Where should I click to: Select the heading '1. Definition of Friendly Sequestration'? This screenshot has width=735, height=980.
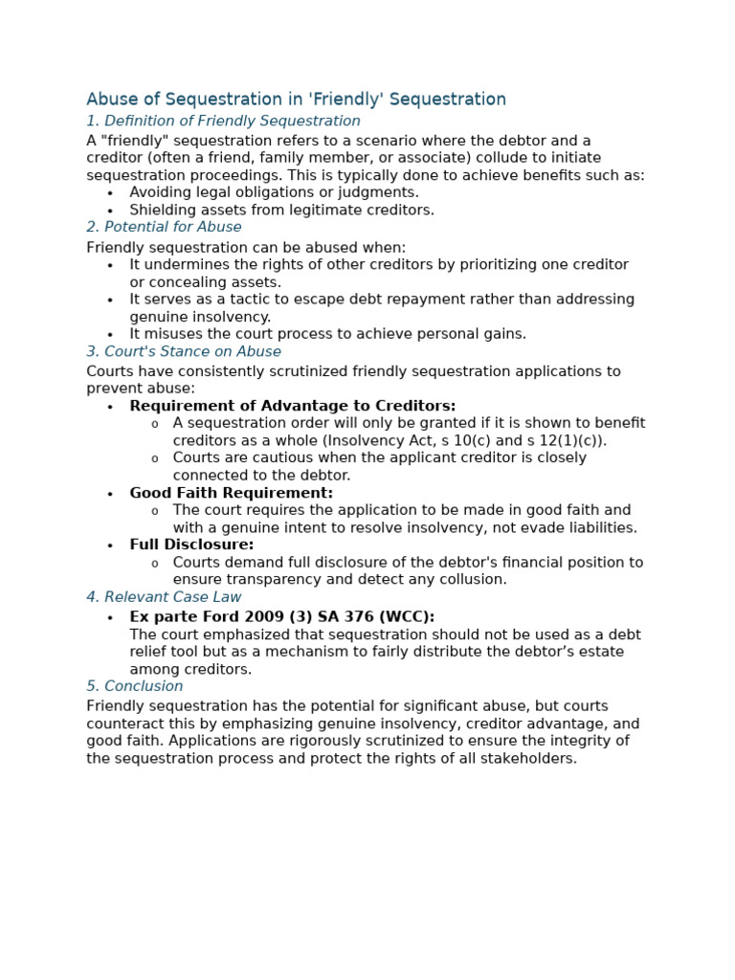223,122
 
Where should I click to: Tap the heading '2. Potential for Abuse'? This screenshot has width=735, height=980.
164,227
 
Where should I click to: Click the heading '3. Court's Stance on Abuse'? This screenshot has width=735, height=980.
184,351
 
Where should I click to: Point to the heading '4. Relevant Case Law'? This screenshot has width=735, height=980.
164,597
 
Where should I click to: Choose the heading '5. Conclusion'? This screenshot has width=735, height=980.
134,686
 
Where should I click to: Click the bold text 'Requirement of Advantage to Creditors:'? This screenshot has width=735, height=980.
293,406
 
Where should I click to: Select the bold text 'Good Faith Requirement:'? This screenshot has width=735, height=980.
232,493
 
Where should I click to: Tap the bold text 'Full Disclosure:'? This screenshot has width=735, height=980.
191,545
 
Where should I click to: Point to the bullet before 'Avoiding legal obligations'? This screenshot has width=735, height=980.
110,193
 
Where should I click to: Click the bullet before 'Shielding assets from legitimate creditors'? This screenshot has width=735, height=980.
110,211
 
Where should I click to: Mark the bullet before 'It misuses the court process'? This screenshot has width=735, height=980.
110,335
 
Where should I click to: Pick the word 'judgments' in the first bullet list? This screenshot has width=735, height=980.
381,192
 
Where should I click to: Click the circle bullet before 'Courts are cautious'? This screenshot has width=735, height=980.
155,458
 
